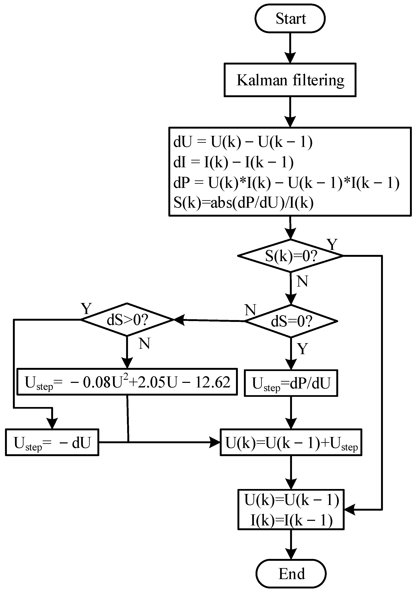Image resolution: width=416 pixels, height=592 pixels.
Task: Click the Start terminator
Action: pos(290,19)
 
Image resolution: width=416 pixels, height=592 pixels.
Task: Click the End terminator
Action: pos(291,574)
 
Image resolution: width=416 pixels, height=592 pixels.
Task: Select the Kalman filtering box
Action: pos(290,80)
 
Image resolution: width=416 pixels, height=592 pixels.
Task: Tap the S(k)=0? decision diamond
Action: pos(290,256)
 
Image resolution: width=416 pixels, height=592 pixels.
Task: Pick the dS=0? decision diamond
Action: pos(291,321)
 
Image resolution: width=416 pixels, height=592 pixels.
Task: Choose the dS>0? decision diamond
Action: pos(127,320)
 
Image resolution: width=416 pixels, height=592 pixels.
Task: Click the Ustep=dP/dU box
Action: pos(291,383)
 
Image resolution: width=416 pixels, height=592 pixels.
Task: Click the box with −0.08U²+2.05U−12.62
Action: pos(127,382)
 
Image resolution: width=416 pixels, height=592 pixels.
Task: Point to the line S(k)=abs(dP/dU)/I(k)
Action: pos(243,203)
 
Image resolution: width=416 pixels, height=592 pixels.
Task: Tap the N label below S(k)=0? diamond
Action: pos(302,281)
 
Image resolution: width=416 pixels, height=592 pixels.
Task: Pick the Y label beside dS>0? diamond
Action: pos(86,308)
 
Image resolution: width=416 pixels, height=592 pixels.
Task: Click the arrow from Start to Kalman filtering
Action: pos(290,48)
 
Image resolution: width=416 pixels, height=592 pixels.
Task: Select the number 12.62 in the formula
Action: pos(212,382)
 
